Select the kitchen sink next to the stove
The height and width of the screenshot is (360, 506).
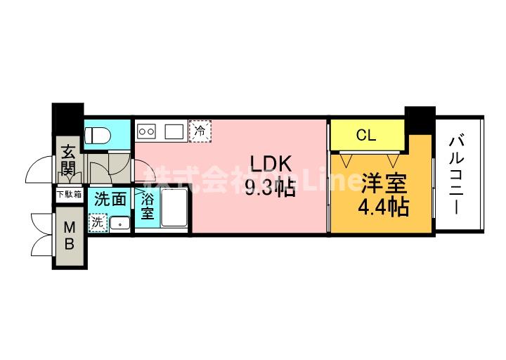point(174,130)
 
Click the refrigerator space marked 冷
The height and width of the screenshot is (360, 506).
point(201,130)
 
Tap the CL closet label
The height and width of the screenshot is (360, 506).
point(366,136)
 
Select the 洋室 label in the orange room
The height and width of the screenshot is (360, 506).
point(383,184)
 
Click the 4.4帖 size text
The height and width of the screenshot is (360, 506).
point(384,207)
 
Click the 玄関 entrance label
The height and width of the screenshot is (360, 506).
point(68,160)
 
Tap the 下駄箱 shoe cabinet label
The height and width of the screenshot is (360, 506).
point(69,194)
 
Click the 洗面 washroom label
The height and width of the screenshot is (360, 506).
point(111,199)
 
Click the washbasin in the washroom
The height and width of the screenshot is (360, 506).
point(119,223)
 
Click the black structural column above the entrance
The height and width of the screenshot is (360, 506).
point(68,115)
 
